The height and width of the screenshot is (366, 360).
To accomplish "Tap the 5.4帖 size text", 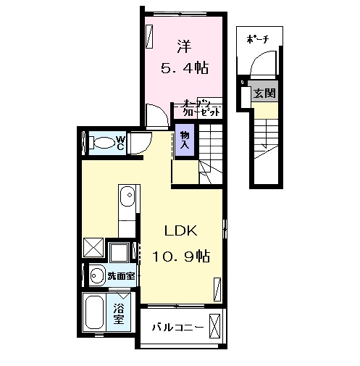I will (x=184, y=69).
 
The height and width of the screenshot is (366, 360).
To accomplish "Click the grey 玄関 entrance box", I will (x=264, y=93).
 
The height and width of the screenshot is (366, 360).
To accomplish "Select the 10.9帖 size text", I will (x=181, y=256).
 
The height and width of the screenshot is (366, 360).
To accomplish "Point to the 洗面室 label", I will (x=120, y=275).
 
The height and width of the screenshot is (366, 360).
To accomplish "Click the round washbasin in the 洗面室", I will (x=96, y=275).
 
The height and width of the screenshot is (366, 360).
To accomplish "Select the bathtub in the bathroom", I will (x=94, y=313).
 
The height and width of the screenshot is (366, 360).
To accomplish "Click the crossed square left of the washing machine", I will (x=93, y=248).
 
